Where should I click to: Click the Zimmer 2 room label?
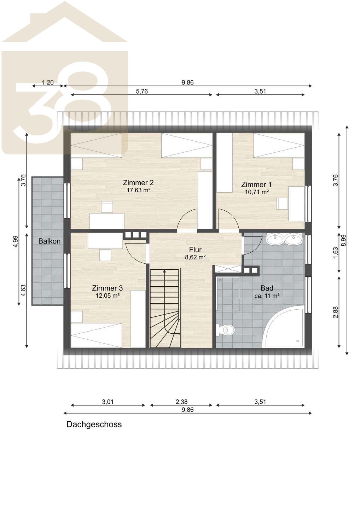click(x=138, y=182)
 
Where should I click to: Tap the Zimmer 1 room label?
click(x=256, y=184)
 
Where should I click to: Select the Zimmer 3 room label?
click(x=107, y=288)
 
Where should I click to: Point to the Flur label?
click(x=195, y=250)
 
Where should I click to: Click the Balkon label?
click(x=49, y=241)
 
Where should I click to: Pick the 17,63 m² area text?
click(x=138, y=190)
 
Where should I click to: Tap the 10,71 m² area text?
click(x=257, y=192)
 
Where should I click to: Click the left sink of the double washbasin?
click(x=275, y=239)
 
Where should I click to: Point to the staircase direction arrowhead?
click(x=164, y=271)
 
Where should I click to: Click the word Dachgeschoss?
click(x=94, y=424)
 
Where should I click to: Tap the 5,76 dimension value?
click(x=142, y=91)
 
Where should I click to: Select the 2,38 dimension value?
click(x=181, y=402)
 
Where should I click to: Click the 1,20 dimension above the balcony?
click(x=48, y=82)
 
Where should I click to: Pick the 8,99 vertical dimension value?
click(x=343, y=240)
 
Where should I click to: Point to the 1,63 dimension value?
click(x=336, y=253)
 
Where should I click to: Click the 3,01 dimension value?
click(x=108, y=402)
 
